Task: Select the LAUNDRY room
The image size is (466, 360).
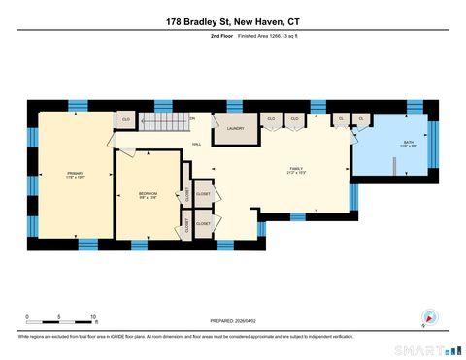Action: [x=234, y=128]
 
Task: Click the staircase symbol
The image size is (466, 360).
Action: [x=166, y=121]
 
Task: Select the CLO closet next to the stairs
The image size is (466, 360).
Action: [x=125, y=120]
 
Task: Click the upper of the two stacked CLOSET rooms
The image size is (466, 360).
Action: [x=203, y=192]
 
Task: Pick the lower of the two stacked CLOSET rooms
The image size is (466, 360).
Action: [x=203, y=224]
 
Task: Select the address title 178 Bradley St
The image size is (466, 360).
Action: [x=233, y=21]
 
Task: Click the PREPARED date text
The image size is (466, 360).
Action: [x=232, y=321]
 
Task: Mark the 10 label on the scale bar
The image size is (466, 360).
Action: [x=93, y=316]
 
